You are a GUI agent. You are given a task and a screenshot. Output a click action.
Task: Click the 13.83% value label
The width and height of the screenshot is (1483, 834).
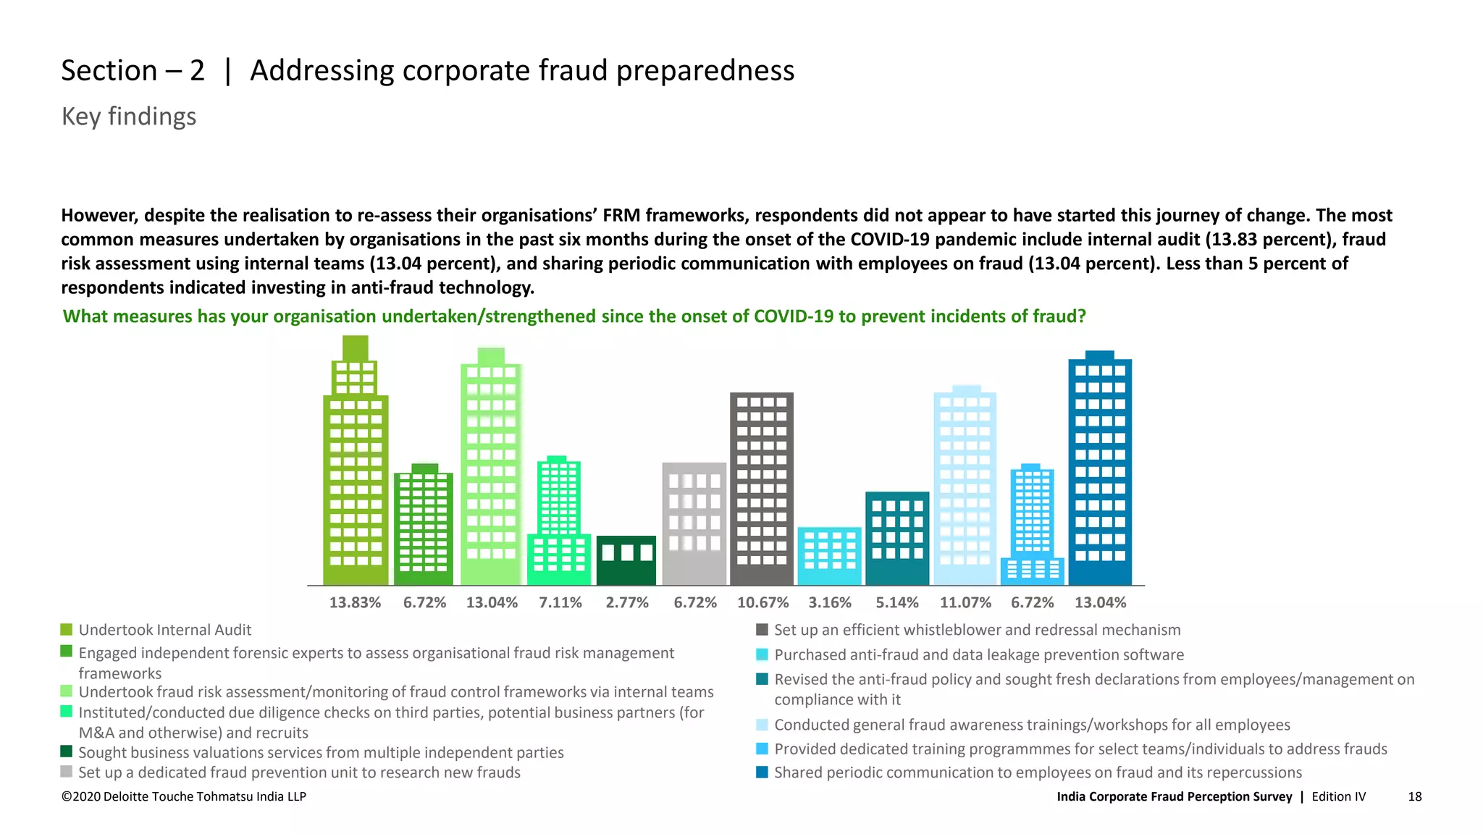coord(355,602)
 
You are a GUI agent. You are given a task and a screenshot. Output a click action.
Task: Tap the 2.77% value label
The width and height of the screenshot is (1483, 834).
coord(627,602)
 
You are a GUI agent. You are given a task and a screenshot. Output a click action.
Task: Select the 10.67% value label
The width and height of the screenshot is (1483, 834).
coord(762,602)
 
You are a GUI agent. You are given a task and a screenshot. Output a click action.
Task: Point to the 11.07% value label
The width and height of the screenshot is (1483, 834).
coord(965,602)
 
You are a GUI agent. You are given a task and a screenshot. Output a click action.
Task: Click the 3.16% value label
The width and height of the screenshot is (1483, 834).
coord(830,602)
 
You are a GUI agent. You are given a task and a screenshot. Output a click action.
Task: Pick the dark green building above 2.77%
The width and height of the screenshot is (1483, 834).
coord(626,561)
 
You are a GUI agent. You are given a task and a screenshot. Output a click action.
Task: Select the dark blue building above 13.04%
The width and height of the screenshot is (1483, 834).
coord(1100,471)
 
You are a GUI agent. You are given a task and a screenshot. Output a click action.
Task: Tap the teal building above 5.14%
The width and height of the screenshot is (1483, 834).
coord(897,539)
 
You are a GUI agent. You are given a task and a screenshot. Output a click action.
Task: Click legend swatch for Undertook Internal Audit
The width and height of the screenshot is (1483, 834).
coord(67,630)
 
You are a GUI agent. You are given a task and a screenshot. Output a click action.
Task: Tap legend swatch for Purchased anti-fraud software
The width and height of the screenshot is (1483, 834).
coord(762,654)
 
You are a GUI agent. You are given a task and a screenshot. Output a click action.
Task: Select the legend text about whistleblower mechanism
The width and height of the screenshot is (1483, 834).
coord(977,630)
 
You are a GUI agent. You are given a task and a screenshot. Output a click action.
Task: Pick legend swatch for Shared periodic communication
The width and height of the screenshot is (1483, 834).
coord(762,772)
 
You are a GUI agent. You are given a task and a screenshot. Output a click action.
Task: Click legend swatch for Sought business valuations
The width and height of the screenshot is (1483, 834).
coord(67,751)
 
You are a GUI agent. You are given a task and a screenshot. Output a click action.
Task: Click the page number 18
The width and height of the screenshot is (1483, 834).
coord(1414,796)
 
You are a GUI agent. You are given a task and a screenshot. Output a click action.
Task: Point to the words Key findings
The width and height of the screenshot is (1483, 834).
coord(129,117)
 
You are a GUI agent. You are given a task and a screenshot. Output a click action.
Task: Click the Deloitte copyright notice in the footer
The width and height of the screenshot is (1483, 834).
coord(184,796)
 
